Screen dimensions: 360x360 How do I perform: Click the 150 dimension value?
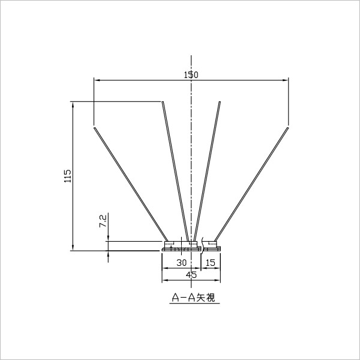(x=191, y=75)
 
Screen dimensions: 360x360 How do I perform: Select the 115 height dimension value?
(x=68, y=176)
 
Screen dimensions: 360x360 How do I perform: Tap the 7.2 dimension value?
(x=103, y=221)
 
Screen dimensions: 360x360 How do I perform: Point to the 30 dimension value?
(x=182, y=263)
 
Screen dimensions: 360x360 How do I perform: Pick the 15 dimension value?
(x=211, y=263)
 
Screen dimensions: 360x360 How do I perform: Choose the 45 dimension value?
(x=191, y=275)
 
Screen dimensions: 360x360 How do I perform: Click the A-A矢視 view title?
(x=194, y=298)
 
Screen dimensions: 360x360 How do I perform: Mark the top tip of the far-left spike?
(x=94, y=128)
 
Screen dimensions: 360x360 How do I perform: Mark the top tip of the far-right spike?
(x=288, y=127)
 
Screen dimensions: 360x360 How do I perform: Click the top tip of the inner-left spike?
(x=163, y=102)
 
